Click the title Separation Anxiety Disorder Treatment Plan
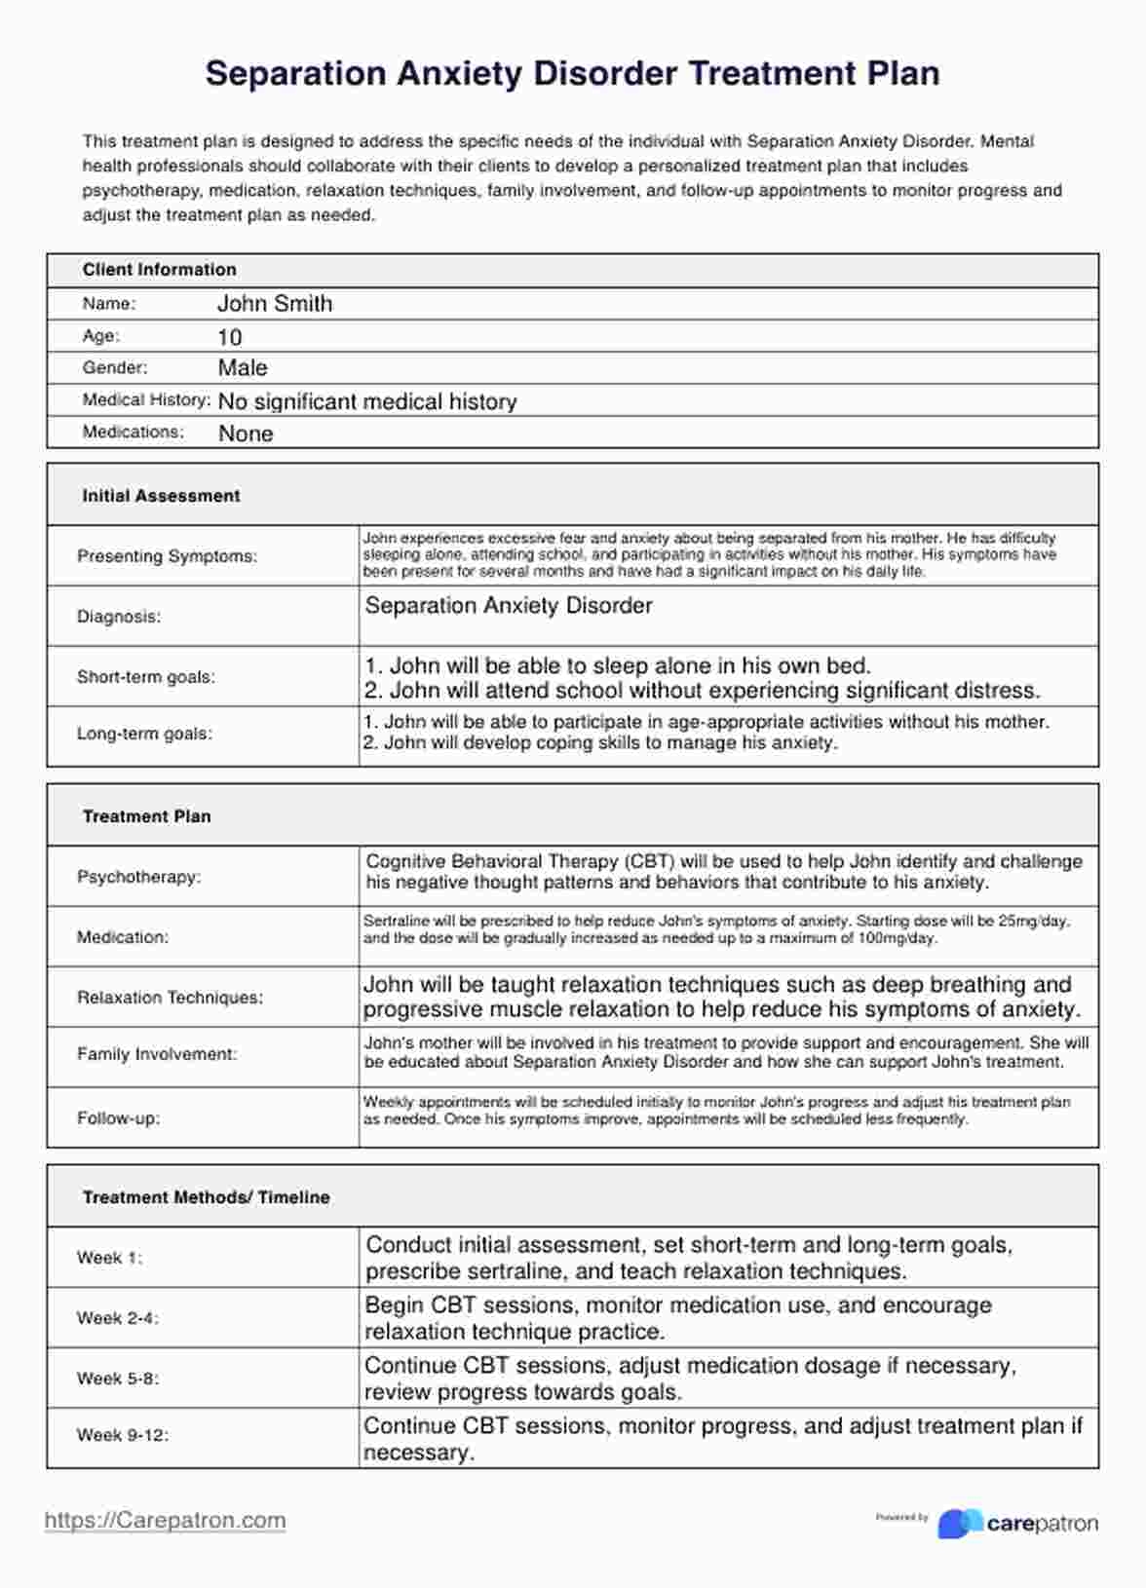pyautogui.click(x=572, y=74)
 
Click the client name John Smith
pyautogui.click(x=274, y=304)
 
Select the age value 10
pyautogui.click(x=229, y=337)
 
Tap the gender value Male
pyautogui.click(x=243, y=368)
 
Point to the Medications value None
pyautogui.click(x=245, y=434)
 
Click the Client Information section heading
pyautogui.click(x=159, y=270)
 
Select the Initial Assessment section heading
pyautogui.click(x=161, y=496)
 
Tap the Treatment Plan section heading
pyautogui.click(x=146, y=816)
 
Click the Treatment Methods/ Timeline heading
pyautogui.click(x=206, y=1197)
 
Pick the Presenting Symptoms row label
pyautogui.click(x=167, y=556)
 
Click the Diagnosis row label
pyautogui.click(x=119, y=617)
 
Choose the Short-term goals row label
pyautogui.click(x=146, y=677)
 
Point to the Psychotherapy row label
pyautogui.click(x=138, y=877)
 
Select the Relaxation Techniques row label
pyautogui.click(x=170, y=998)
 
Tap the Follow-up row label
pyautogui.click(x=118, y=1118)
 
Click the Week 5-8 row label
pyautogui.click(x=117, y=1379)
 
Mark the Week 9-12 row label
pyautogui.click(x=122, y=1435)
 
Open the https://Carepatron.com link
pyautogui.click(x=165, y=1521)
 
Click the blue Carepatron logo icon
pyautogui.click(x=960, y=1524)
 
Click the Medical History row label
pyautogui.click(x=146, y=400)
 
